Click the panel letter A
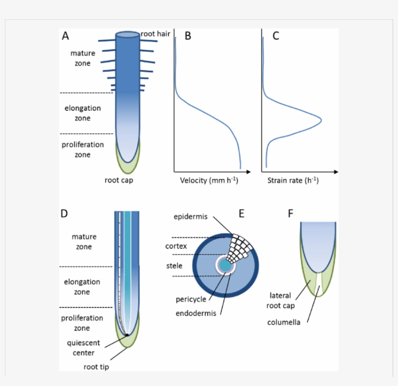click(x=66, y=36)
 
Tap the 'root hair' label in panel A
click(x=155, y=34)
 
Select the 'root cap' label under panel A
click(x=119, y=181)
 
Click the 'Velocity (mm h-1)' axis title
click(x=209, y=180)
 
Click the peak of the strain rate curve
click(x=321, y=119)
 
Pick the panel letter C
click(x=276, y=36)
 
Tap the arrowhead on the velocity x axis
click(x=248, y=171)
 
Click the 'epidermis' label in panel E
click(x=191, y=217)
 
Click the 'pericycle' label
click(x=191, y=299)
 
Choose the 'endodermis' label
click(x=195, y=313)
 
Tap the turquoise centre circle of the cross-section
click(x=225, y=266)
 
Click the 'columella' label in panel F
click(x=284, y=322)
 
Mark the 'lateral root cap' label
click(x=281, y=300)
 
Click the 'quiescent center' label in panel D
click(x=83, y=348)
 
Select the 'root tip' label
click(x=96, y=367)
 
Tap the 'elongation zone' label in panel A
click(x=83, y=113)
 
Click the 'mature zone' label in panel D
click(x=84, y=241)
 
